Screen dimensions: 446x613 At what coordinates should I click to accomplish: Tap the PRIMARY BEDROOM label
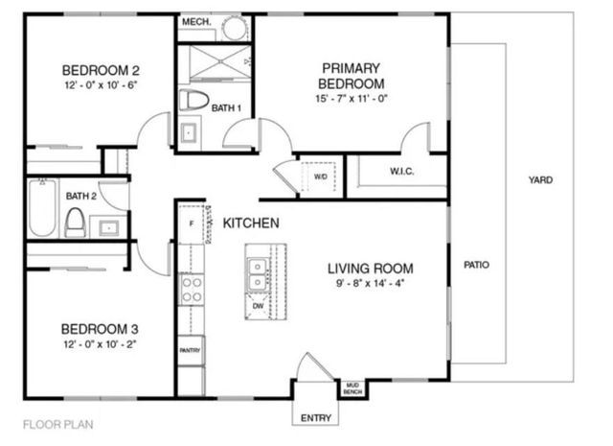(x=352, y=76)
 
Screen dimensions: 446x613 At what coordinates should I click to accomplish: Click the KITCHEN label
(x=251, y=223)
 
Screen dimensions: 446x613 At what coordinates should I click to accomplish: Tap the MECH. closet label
(x=195, y=22)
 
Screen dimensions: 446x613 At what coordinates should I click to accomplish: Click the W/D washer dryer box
(x=320, y=176)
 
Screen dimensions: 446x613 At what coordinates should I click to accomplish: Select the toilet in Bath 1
(x=197, y=100)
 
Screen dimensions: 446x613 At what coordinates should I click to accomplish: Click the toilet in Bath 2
(x=75, y=223)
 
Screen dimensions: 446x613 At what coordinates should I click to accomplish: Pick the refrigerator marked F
(x=192, y=223)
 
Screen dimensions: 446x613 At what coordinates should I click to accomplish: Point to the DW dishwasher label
(x=257, y=307)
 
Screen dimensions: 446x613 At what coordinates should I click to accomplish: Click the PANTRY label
(x=191, y=351)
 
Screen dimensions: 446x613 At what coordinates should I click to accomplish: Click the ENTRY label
(x=316, y=418)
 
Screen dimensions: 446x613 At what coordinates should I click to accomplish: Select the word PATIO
(x=476, y=265)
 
